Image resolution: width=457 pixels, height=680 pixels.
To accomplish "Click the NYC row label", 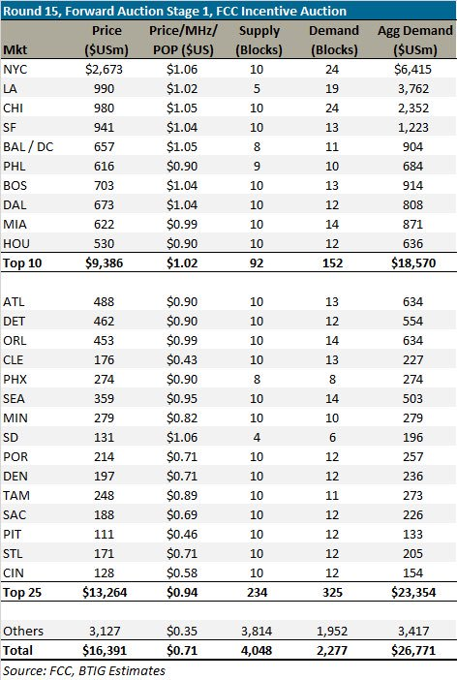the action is [x=15, y=70].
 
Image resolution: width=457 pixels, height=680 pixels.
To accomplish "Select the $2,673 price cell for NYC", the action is [x=104, y=70].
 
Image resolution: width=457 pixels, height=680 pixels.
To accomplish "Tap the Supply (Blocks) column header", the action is [x=259, y=41].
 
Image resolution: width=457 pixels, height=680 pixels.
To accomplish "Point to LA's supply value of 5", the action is [x=257, y=89].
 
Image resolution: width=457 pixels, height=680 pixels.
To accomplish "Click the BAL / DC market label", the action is [x=28, y=147].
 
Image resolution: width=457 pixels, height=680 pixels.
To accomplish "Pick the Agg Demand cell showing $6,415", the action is [x=412, y=70].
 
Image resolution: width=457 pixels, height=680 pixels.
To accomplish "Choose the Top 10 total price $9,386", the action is [x=104, y=263].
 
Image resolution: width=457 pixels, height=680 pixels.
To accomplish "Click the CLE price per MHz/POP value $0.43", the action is [x=182, y=360].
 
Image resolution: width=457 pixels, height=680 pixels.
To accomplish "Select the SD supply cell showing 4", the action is [x=257, y=438].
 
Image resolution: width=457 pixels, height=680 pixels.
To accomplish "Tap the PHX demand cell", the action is [x=332, y=380].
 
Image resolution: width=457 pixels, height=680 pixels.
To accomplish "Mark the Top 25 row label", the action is [x=22, y=593].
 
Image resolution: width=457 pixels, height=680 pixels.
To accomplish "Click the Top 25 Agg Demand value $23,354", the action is [x=413, y=593].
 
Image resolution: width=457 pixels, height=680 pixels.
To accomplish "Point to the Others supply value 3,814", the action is [x=257, y=631].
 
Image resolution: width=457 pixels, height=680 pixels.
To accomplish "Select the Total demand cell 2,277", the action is [x=332, y=651].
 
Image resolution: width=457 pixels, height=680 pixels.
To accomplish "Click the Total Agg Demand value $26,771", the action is [x=413, y=651].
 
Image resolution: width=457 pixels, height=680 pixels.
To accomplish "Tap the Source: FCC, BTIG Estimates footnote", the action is [x=84, y=670].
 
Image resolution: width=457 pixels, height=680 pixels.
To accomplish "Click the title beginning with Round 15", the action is [x=174, y=11].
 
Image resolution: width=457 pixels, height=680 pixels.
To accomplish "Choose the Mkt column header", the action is [x=15, y=49].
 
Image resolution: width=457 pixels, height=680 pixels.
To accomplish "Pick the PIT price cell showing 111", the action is [x=104, y=535].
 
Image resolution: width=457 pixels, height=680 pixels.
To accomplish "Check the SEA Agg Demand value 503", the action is [x=412, y=399].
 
